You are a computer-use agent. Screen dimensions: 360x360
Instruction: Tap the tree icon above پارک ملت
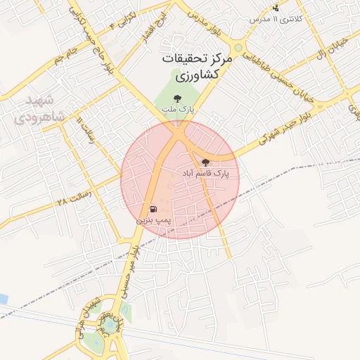click(186, 99)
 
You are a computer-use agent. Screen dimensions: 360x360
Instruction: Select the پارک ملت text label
click(186, 110)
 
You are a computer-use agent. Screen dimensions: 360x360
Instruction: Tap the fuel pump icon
click(153, 210)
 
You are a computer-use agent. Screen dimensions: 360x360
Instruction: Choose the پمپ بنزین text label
click(153, 220)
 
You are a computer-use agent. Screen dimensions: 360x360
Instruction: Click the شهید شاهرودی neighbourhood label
click(40, 108)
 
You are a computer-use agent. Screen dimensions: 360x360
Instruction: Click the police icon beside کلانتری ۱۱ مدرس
click(276, 8)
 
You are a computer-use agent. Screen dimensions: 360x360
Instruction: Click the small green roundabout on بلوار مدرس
click(238, 49)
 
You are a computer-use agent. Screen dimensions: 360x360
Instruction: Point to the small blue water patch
click(3, 300)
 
